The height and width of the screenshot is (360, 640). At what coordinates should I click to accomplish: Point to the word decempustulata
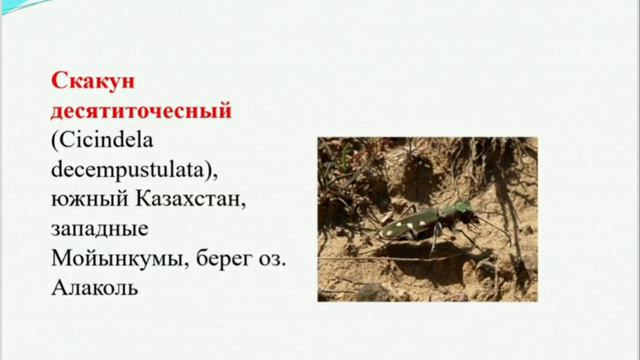[124, 159]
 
